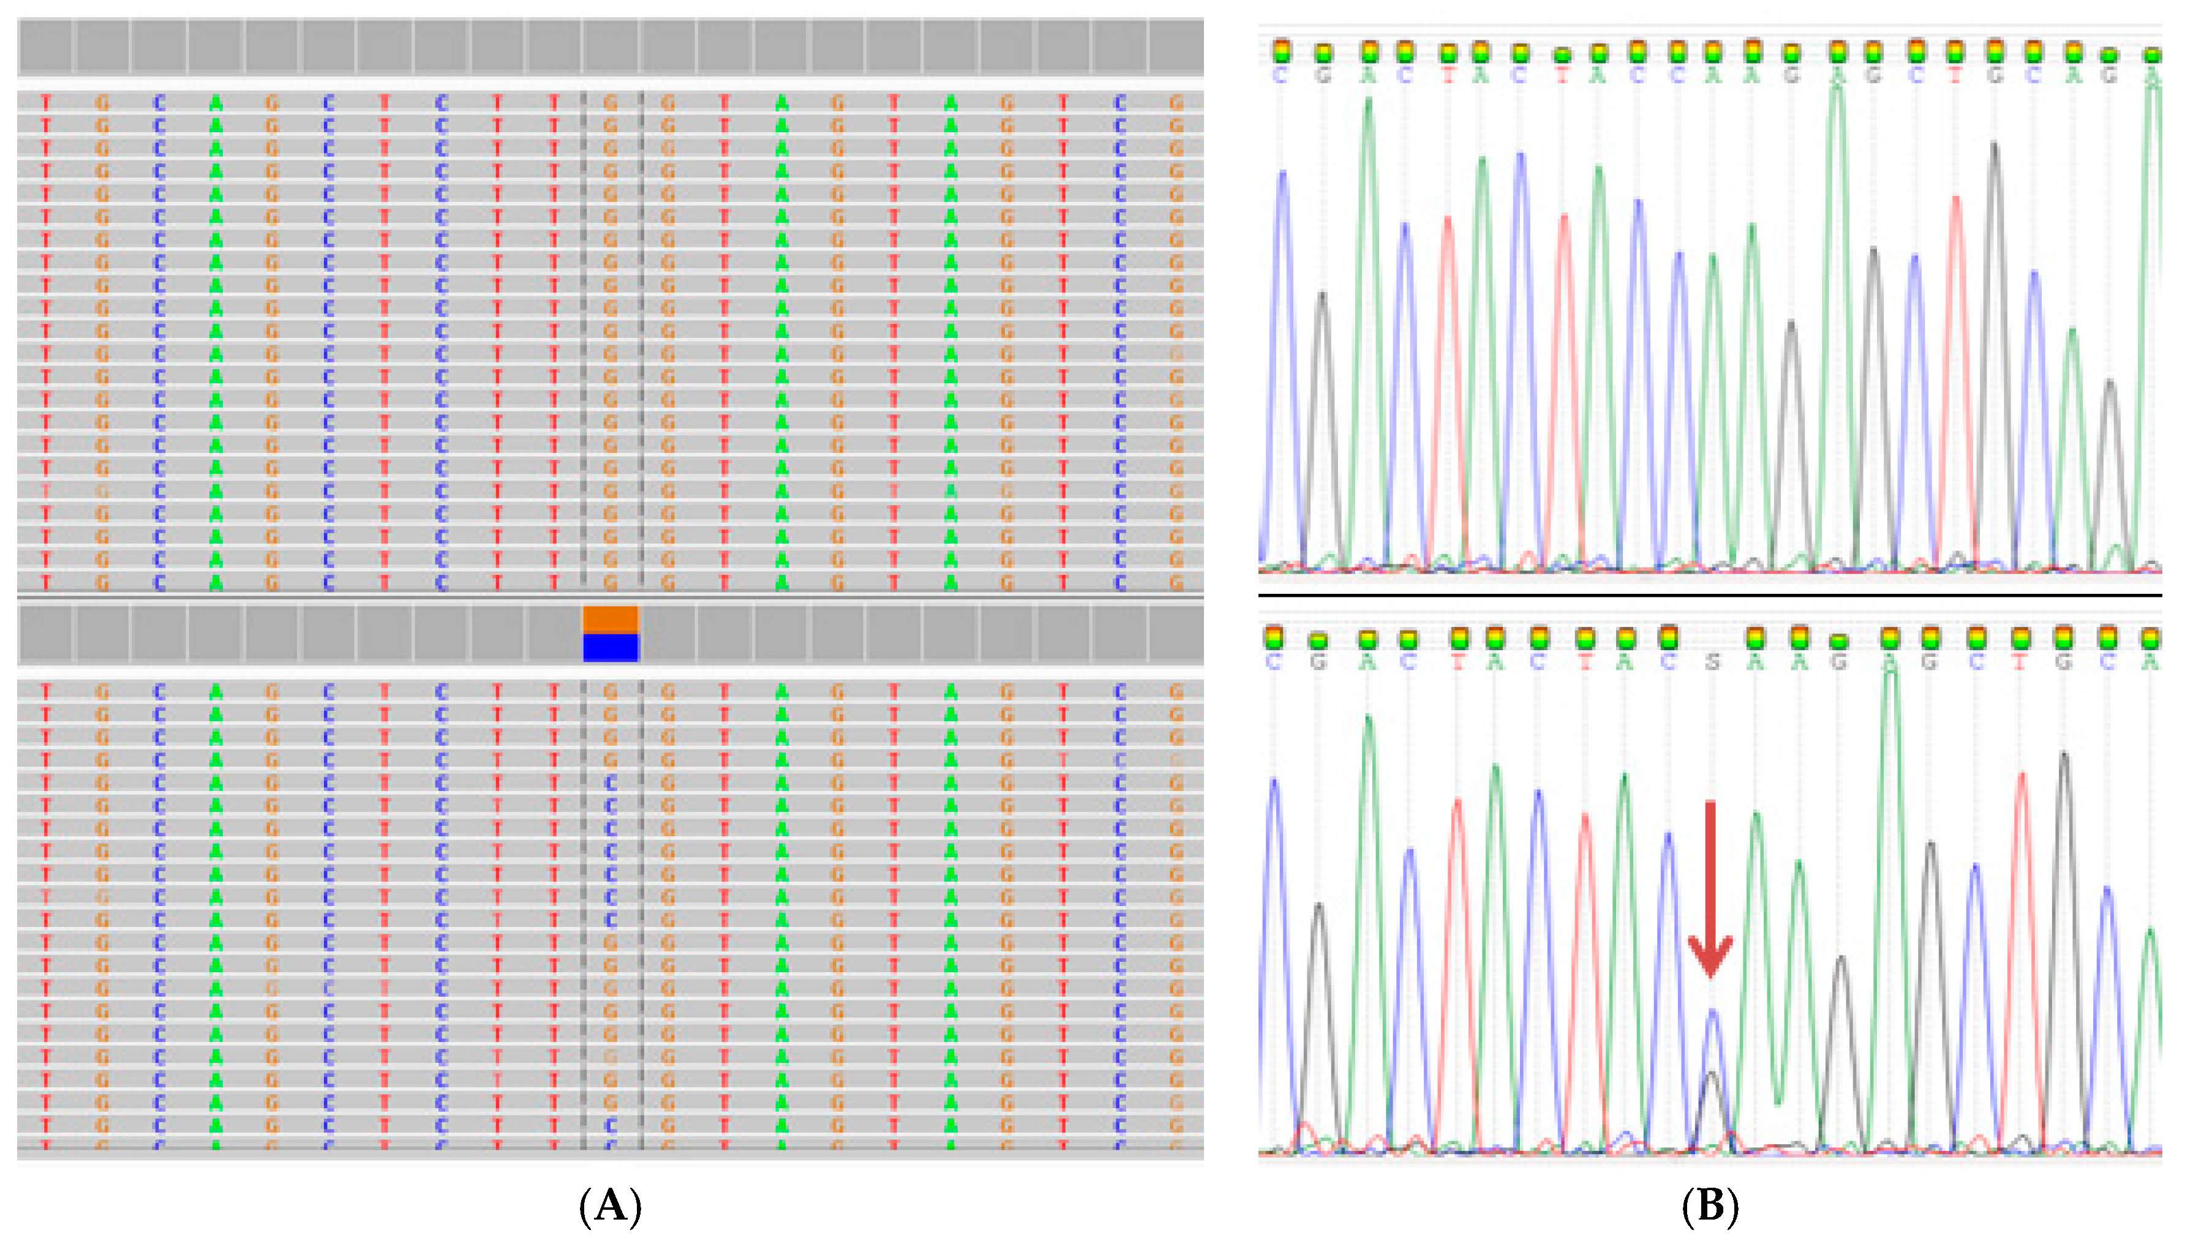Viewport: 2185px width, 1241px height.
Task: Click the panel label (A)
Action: [x=611, y=1207]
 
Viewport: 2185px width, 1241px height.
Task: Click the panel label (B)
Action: [x=1710, y=1207]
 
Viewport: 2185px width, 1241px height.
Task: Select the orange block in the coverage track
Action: [x=611, y=620]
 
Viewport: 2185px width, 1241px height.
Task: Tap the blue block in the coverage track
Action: [x=611, y=648]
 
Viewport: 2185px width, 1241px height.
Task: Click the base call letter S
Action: [x=1712, y=661]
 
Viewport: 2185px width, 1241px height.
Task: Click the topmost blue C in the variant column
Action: [x=611, y=782]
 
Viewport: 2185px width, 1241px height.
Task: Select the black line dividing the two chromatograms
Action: [x=1710, y=595]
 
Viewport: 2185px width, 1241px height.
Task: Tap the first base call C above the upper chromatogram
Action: [x=1281, y=76]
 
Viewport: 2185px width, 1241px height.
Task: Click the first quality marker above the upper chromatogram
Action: [x=1281, y=52]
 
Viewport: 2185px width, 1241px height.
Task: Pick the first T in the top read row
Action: [x=46, y=103]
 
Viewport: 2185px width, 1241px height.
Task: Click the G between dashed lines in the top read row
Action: [x=611, y=103]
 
